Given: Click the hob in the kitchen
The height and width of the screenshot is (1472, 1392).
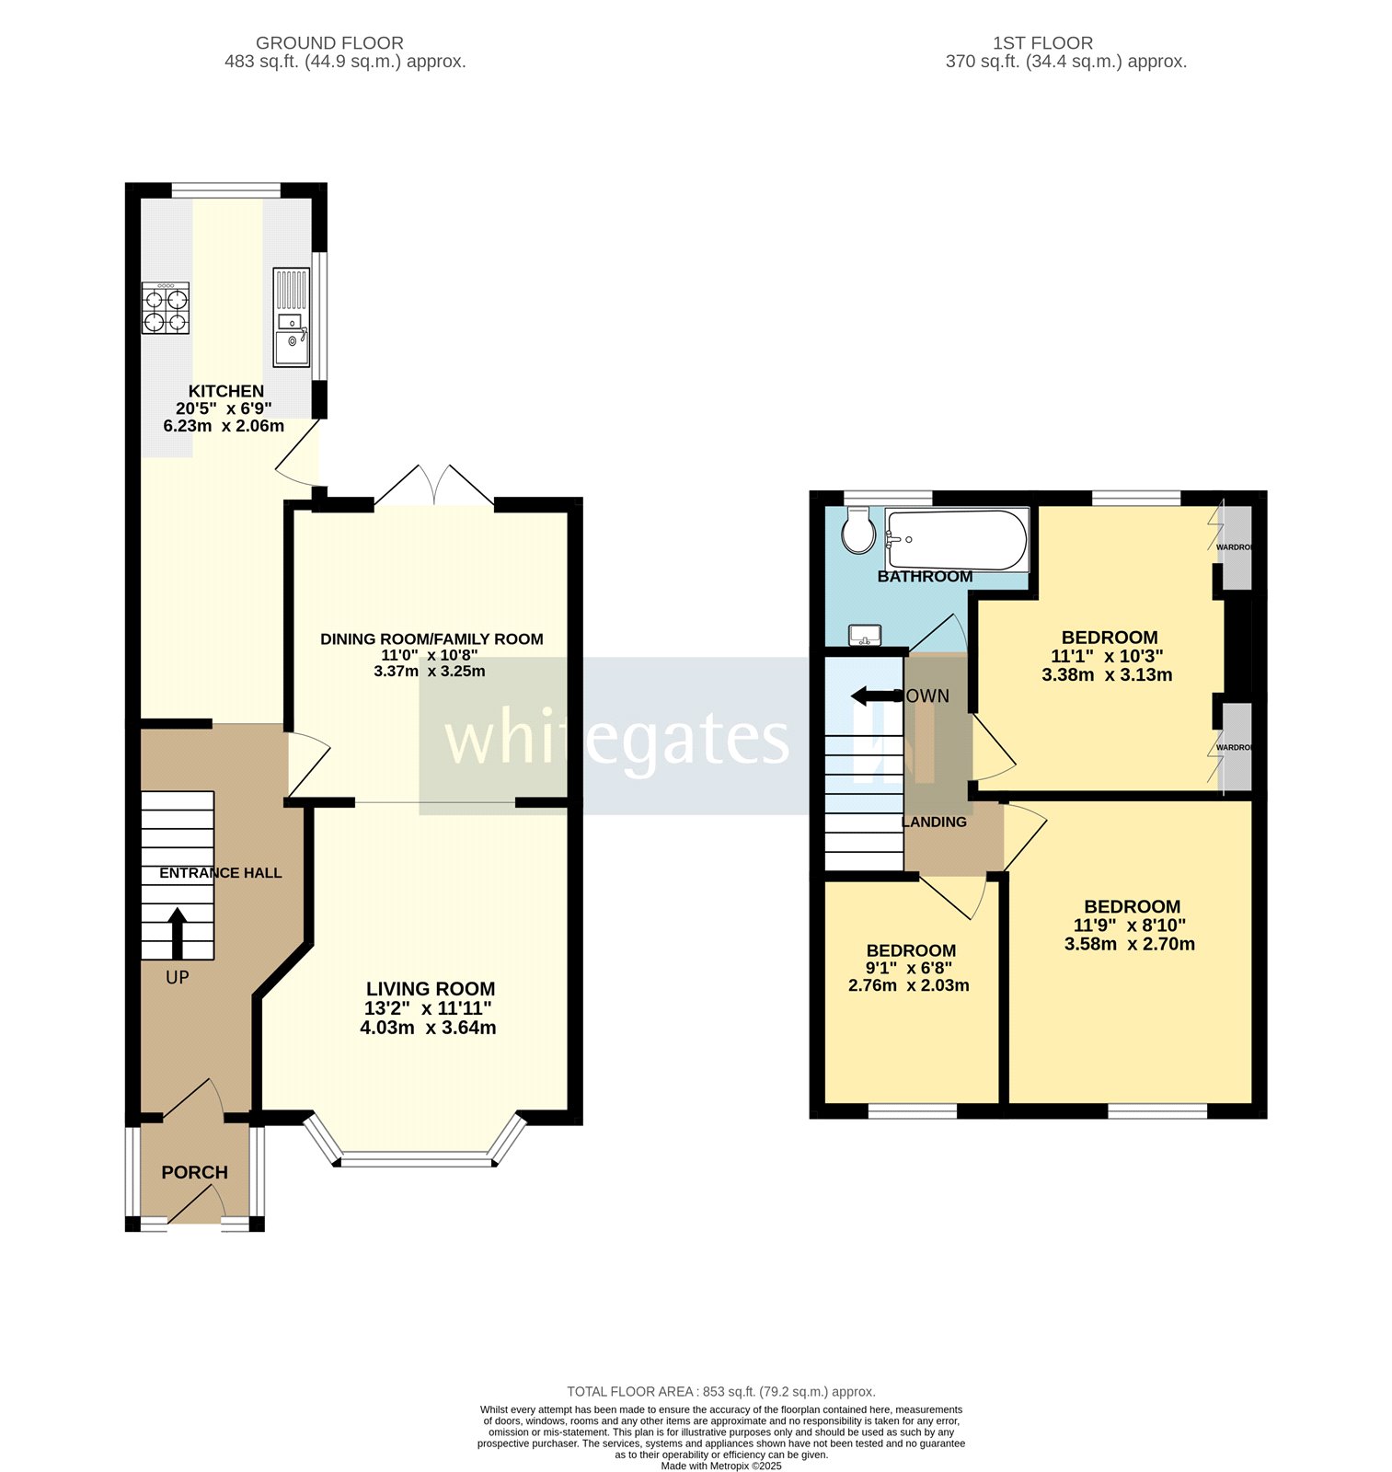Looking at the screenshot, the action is [166, 308].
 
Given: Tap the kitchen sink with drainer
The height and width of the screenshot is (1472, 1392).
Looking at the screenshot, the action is [292, 316].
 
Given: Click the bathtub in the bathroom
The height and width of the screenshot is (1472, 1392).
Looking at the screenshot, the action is [957, 540].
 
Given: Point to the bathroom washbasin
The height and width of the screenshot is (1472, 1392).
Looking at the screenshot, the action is [865, 635].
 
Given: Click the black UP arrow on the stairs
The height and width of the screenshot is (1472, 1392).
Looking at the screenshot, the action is [177, 934].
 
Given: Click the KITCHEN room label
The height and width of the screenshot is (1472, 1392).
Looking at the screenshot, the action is [226, 391].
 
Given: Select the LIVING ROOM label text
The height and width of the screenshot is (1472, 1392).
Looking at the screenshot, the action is [431, 989].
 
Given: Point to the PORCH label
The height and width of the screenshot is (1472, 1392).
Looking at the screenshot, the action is [194, 1172].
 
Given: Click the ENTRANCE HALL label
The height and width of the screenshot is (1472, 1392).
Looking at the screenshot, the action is [221, 873].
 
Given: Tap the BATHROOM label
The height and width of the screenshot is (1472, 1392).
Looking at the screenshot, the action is [925, 577].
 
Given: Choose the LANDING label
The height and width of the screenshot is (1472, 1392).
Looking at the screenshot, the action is [935, 822].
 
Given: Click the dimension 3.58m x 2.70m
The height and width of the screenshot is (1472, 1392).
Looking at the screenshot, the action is [1130, 944].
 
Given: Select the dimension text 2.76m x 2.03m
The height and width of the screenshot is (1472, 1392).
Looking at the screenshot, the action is [909, 985].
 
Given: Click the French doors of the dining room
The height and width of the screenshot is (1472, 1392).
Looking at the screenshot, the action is [434, 485].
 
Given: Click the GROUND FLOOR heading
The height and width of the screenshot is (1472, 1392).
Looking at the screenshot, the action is [329, 43].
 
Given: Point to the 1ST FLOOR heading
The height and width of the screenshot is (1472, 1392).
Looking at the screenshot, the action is [1043, 43].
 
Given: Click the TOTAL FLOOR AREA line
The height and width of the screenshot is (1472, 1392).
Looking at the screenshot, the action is [721, 1392].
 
